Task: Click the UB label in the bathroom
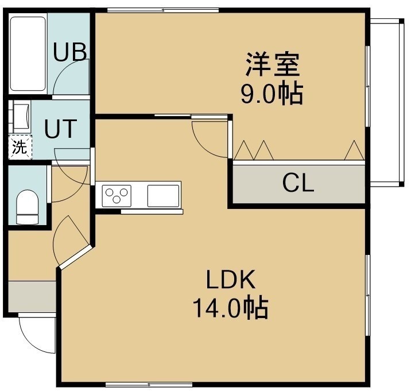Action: tap(70, 52)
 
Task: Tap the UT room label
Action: tap(60, 129)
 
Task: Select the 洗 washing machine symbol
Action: tap(20, 147)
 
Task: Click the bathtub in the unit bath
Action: tap(28, 54)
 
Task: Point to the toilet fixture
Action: tap(27, 207)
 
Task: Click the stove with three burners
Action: tap(117, 196)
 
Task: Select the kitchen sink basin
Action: tap(163, 196)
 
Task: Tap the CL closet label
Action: tap(298, 183)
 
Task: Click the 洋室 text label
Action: tap(273, 64)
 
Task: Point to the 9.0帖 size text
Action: tap(272, 94)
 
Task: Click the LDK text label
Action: tap(231, 279)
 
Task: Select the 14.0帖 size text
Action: tap(231, 308)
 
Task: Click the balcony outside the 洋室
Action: tap(386, 103)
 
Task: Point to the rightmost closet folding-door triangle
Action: tap(354, 151)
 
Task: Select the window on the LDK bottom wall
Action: tap(149, 385)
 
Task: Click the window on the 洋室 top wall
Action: tap(163, 10)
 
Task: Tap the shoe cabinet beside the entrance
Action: tap(32, 297)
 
